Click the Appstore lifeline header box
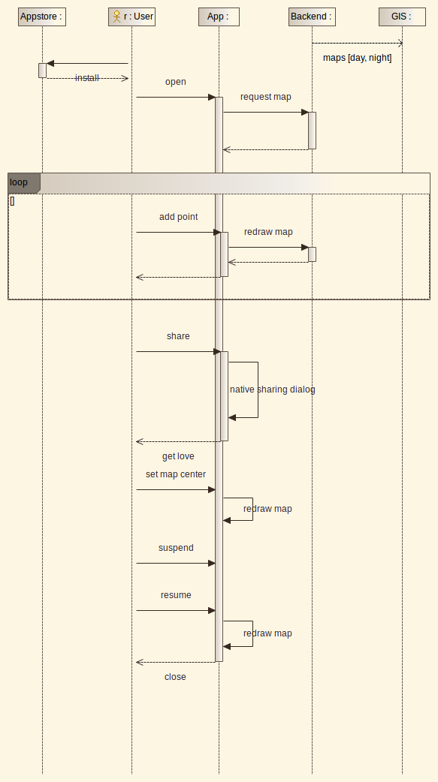point(42,17)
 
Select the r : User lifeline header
point(131,17)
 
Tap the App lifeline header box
point(219,17)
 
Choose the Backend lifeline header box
point(312,17)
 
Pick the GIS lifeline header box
point(402,17)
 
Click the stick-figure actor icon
point(117,17)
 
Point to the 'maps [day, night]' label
point(357,58)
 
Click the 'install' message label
point(87,78)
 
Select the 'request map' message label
point(266,97)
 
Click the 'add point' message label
point(178,217)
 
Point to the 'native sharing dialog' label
point(273,389)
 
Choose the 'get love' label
point(178,456)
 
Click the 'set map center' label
point(176,474)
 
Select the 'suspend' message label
point(176,548)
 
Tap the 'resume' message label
point(176,595)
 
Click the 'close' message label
point(175,677)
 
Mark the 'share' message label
point(178,336)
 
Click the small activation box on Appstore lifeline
point(43,71)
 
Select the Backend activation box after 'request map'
point(312,131)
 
